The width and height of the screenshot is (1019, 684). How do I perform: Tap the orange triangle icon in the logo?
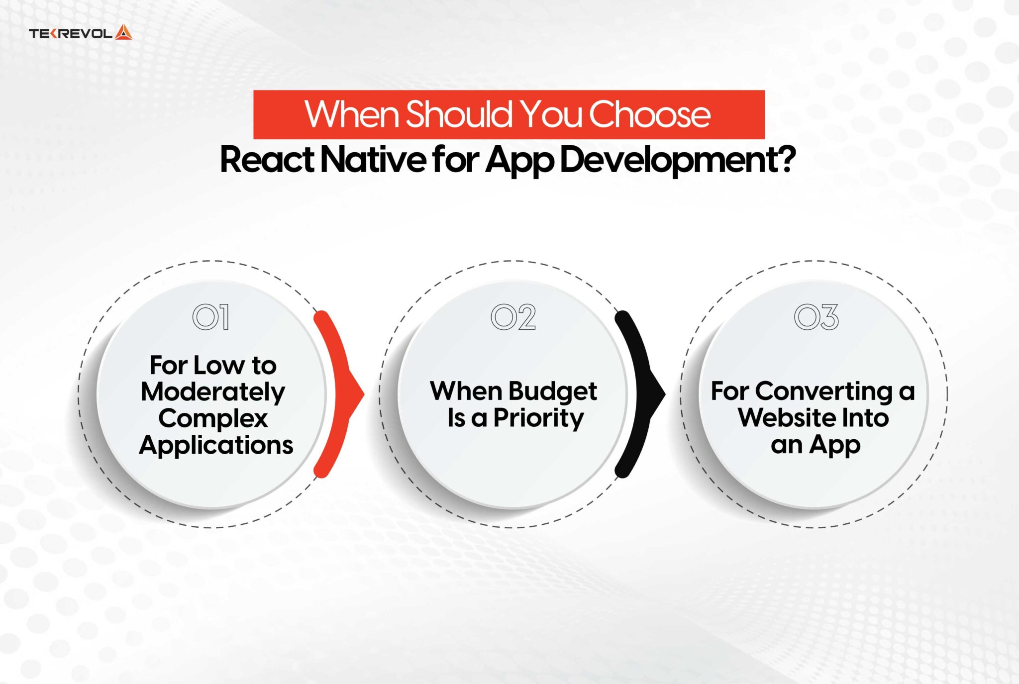click(x=123, y=32)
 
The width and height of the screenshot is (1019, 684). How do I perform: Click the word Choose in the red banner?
click(x=649, y=114)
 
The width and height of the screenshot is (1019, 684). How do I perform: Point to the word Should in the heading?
click(x=459, y=114)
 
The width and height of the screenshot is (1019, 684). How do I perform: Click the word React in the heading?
click(x=267, y=160)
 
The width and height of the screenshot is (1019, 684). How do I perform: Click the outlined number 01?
click(x=210, y=317)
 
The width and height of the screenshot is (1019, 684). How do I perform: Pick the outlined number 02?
click(x=513, y=317)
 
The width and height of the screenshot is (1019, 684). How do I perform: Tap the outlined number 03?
click(x=816, y=317)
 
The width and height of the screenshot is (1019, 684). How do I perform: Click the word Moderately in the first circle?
click(x=212, y=392)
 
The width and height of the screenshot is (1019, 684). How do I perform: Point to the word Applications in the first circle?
click(x=216, y=445)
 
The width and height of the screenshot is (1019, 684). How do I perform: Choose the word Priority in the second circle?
click(x=538, y=418)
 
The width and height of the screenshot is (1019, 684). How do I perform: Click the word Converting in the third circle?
click(x=823, y=391)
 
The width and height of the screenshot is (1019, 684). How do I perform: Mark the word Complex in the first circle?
click(x=213, y=419)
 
